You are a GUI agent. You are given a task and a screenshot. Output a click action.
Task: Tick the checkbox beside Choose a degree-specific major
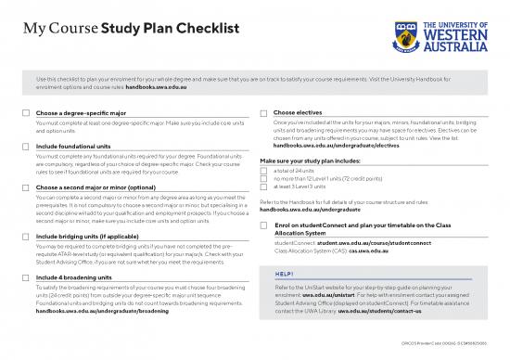25,113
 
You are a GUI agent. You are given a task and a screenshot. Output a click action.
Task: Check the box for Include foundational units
25,147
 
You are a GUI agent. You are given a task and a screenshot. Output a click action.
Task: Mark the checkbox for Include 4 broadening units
25,277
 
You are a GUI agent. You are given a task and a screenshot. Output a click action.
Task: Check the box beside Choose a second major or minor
25,188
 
